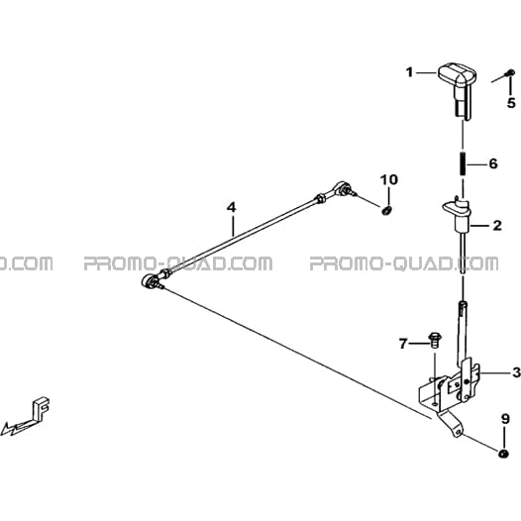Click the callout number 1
410,72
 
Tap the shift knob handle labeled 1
458,90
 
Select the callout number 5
511,103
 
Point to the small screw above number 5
509,72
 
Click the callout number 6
492,163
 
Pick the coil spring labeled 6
463,164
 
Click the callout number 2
497,226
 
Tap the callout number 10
389,179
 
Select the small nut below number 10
386,210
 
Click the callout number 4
231,208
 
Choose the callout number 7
403,344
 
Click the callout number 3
516,372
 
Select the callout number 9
505,419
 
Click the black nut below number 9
504,455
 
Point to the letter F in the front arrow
42,406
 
